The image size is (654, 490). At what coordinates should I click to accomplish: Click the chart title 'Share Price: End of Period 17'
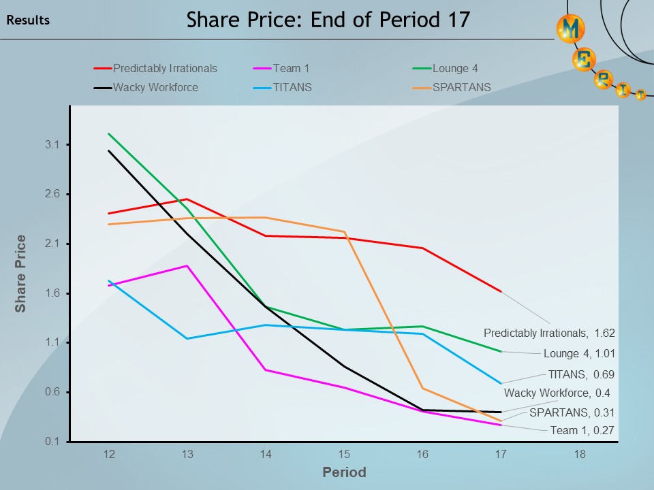[328, 20]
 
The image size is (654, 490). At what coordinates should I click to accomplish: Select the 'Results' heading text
[28, 20]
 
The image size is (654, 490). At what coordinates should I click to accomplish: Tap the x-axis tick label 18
[579, 454]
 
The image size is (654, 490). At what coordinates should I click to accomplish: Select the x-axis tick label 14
[265, 454]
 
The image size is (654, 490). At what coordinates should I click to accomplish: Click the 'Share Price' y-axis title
[21, 274]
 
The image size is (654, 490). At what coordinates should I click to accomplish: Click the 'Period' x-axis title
[344, 472]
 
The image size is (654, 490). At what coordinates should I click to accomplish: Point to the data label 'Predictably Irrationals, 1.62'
[549, 333]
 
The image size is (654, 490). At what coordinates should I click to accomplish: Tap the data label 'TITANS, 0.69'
[581, 374]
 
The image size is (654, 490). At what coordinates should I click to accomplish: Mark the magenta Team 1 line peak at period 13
[187, 265]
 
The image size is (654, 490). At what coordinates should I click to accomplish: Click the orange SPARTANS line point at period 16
[422, 389]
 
